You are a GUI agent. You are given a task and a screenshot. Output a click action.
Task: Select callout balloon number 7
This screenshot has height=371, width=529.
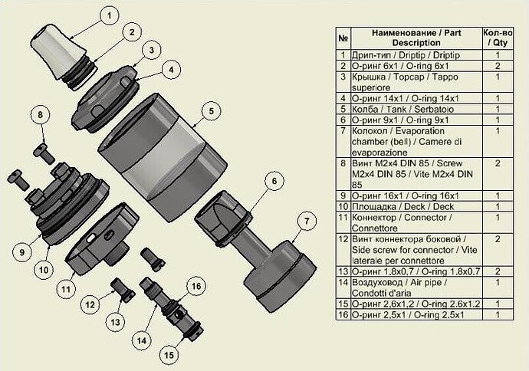[x=305, y=222]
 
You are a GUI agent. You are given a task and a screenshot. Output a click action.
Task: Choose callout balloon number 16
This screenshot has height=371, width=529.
[x=196, y=287]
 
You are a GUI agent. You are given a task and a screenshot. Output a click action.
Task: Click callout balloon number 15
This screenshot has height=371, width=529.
[x=169, y=354]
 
